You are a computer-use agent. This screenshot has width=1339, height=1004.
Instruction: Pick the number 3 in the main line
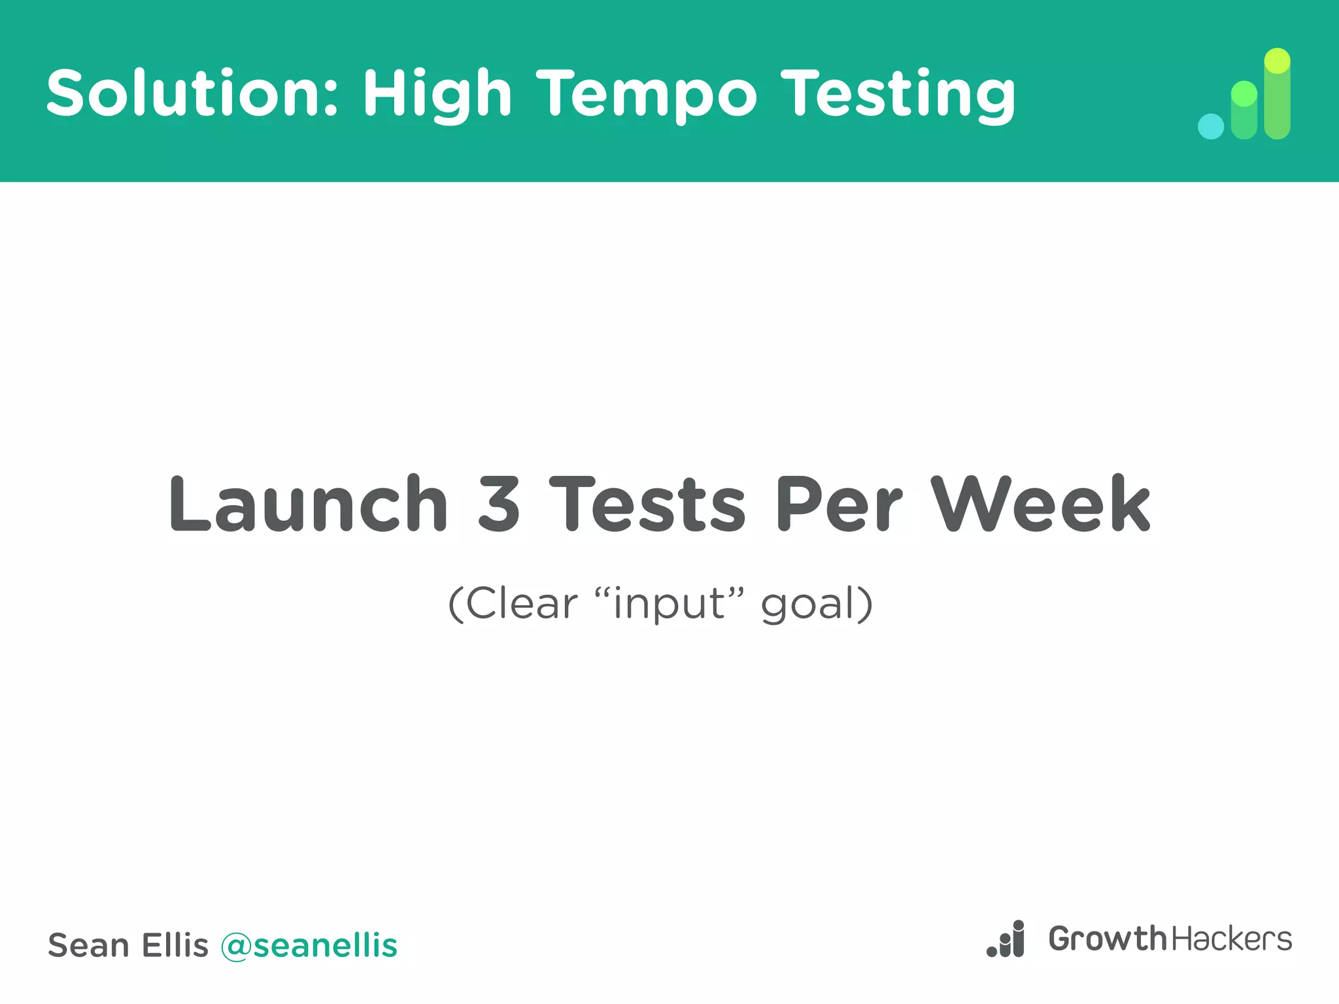point(499,504)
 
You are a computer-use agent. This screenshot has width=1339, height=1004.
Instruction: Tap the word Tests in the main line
point(647,504)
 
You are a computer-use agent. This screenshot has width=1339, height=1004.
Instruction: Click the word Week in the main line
point(1040,504)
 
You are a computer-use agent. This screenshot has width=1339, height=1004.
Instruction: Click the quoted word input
point(669,604)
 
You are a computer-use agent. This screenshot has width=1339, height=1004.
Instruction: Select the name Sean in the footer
point(88,946)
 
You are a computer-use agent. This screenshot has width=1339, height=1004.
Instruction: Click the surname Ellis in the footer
point(175,945)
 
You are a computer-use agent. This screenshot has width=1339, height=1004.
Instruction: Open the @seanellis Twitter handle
point(309,946)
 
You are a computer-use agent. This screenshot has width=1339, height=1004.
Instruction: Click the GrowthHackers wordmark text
point(1170,939)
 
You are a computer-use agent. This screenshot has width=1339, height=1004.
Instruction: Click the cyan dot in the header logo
point(1210,126)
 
